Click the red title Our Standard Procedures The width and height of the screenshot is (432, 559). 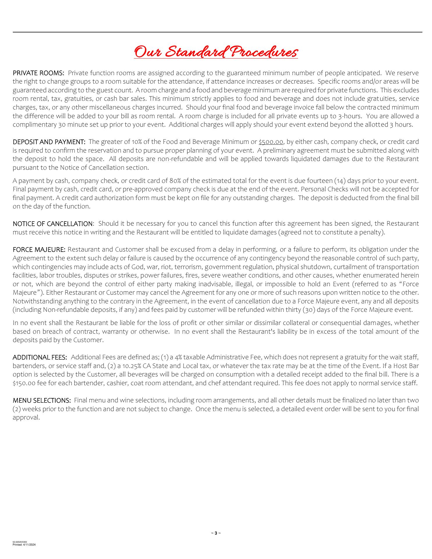tap(216, 52)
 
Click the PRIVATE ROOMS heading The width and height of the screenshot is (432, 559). tap(38, 73)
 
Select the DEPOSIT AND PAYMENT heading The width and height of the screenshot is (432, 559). tap(49, 142)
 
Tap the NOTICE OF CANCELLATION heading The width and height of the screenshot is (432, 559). tap(53, 224)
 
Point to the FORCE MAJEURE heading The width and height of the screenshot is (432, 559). tap(39, 250)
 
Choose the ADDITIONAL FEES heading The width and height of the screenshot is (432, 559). tap(40, 357)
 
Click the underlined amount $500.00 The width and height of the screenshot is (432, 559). tap(271, 142)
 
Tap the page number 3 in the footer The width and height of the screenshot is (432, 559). tap(216, 533)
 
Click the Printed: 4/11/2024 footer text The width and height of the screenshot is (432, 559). tap(24, 545)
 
